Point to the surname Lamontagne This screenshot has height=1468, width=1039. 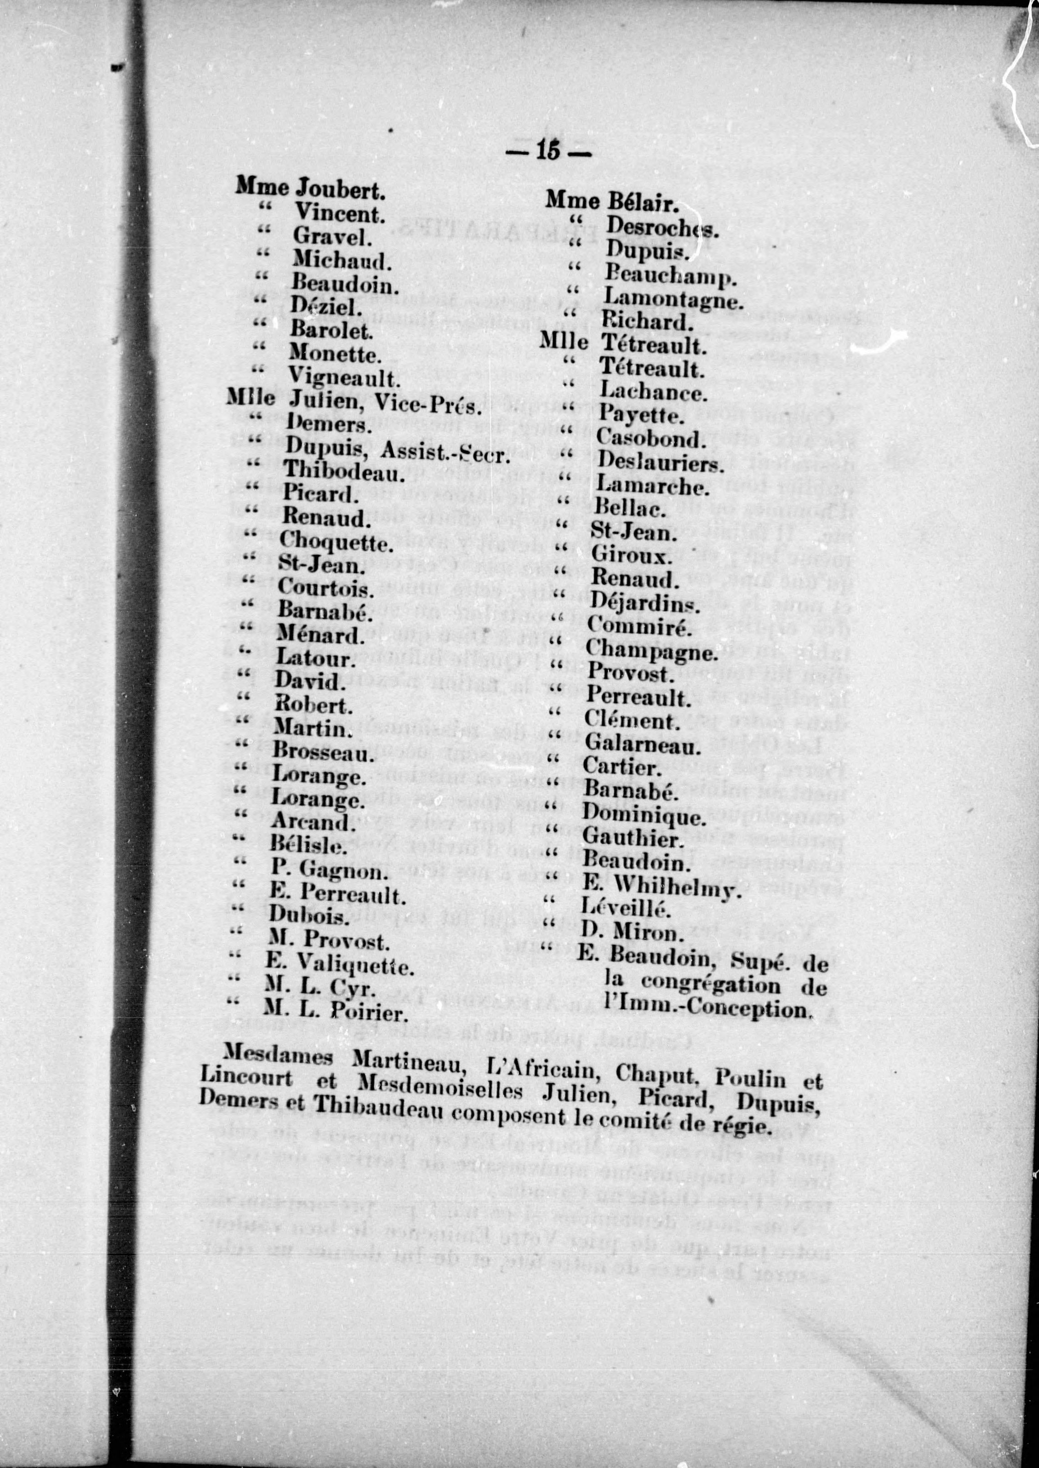coord(673,298)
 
